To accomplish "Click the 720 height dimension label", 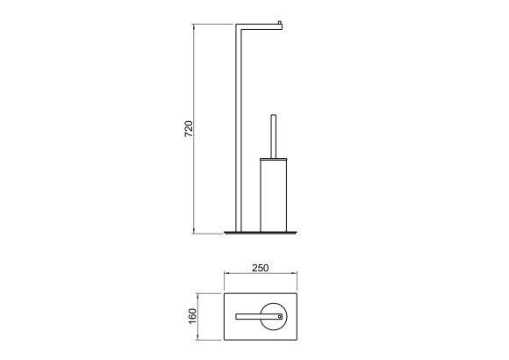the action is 189,129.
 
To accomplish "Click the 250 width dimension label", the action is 261,268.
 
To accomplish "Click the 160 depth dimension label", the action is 192,316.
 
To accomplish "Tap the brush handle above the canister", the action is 274,136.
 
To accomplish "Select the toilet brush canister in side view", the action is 273,196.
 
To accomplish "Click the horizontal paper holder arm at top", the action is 259,27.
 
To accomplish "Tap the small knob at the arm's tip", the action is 280,23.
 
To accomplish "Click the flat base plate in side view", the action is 261,233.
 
